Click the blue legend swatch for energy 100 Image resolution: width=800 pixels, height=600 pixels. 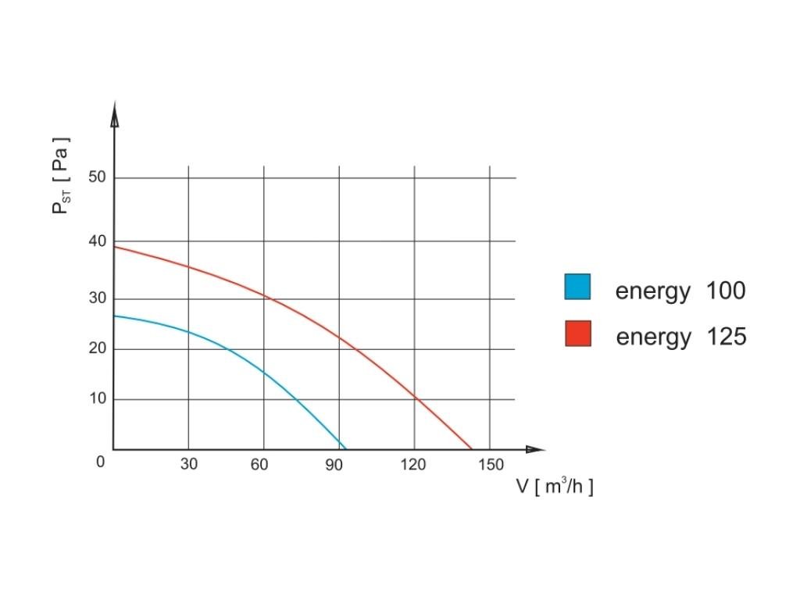point(578,287)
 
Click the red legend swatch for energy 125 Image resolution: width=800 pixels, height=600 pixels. point(578,334)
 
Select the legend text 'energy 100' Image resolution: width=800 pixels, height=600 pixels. point(680,291)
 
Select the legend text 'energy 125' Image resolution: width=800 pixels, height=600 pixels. point(680,337)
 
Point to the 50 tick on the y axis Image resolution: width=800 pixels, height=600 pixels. point(97,177)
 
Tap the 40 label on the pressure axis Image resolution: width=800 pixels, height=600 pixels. point(97,241)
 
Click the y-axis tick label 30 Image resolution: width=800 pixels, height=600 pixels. point(97,298)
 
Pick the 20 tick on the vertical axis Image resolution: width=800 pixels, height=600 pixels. point(97,348)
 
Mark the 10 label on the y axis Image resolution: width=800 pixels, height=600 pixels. point(97,399)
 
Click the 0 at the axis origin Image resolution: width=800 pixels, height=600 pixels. point(100,462)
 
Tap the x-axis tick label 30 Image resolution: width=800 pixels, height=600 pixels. point(188,465)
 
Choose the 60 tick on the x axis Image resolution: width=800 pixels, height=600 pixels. point(259,465)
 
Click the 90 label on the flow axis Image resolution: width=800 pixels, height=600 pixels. point(335,465)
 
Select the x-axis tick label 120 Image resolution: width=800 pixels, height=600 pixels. point(413,465)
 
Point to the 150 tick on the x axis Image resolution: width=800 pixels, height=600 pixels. point(491,465)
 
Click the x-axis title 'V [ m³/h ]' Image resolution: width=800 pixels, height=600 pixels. point(554,486)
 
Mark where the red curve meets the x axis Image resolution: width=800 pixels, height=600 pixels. point(472,449)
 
